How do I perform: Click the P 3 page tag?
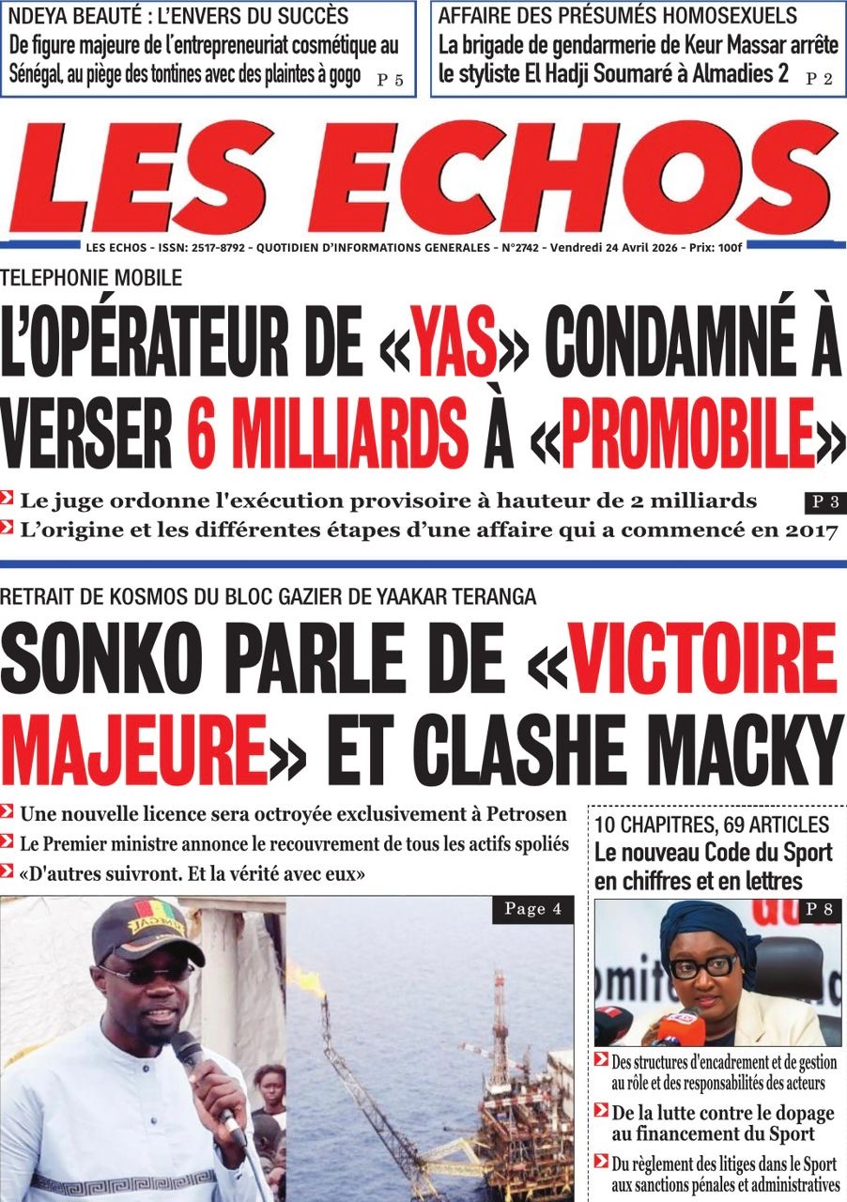tap(824, 502)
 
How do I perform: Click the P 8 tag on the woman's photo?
tap(824, 909)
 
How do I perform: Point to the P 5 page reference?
tap(390, 80)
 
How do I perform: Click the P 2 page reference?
tap(819, 80)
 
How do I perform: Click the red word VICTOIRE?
tap(702, 658)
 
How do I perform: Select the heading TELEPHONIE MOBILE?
tap(91, 277)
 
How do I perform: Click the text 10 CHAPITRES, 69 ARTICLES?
tap(712, 825)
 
